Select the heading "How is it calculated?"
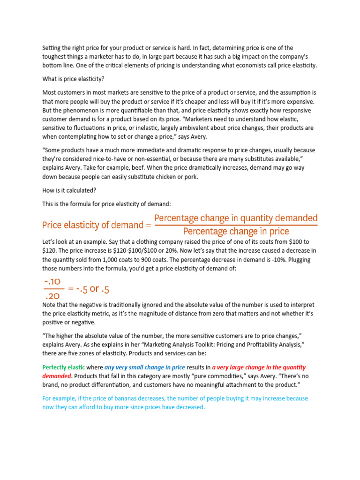point(69,191)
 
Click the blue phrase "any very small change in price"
point(144,367)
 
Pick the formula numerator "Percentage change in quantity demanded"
point(236,218)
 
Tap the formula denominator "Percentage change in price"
point(236,232)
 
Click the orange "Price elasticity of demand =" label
point(97,225)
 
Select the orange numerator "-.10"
point(52,282)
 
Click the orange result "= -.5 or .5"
point(89,289)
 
